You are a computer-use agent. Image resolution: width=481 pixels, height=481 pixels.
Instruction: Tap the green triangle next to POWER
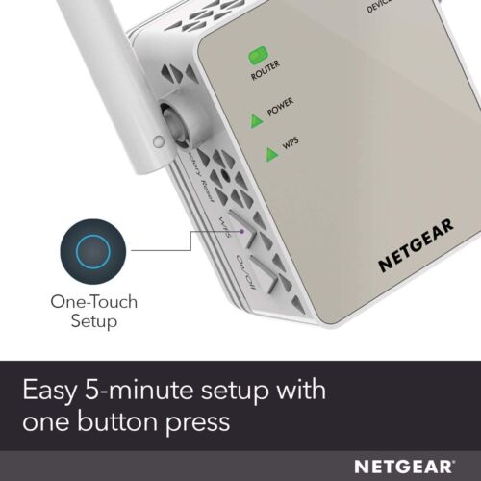(256, 119)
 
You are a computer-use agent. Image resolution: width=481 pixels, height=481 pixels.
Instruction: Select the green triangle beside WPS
(257, 149)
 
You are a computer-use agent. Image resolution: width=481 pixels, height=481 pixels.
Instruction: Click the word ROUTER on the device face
(266, 73)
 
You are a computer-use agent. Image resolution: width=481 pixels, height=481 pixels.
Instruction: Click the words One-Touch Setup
(93, 312)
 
